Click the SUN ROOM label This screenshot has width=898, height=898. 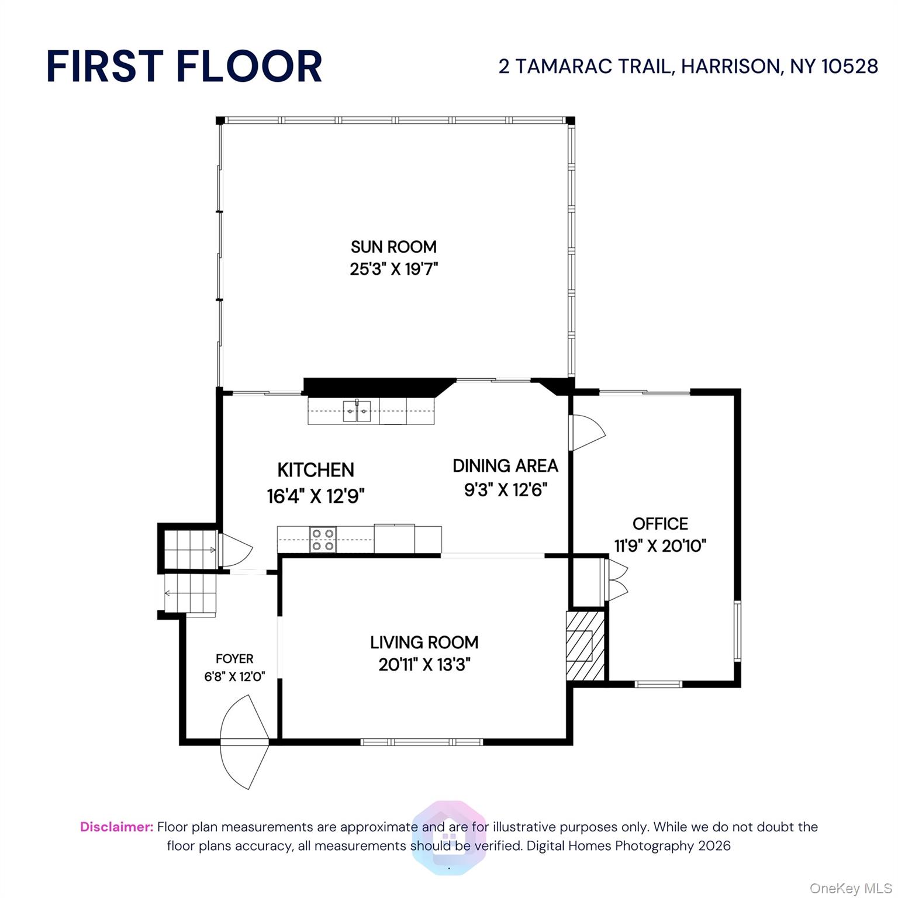(393, 247)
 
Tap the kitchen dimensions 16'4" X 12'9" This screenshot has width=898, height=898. (316, 496)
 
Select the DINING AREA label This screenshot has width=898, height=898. (505, 466)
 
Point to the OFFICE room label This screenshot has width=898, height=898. (660, 523)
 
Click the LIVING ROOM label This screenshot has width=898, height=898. (424, 643)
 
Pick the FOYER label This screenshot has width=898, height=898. (234, 659)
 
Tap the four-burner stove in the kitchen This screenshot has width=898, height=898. (323, 539)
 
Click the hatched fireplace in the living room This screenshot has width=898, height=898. (585, 646)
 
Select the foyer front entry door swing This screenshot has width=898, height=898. (244, 742)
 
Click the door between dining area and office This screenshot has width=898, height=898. (586, 433)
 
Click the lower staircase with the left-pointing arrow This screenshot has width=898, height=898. (190, 593)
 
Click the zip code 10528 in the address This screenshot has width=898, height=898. (849, 66)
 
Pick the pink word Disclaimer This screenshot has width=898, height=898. (117, 827)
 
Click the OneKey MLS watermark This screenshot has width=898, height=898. (850, 889)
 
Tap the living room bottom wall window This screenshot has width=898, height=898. (422, 742)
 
